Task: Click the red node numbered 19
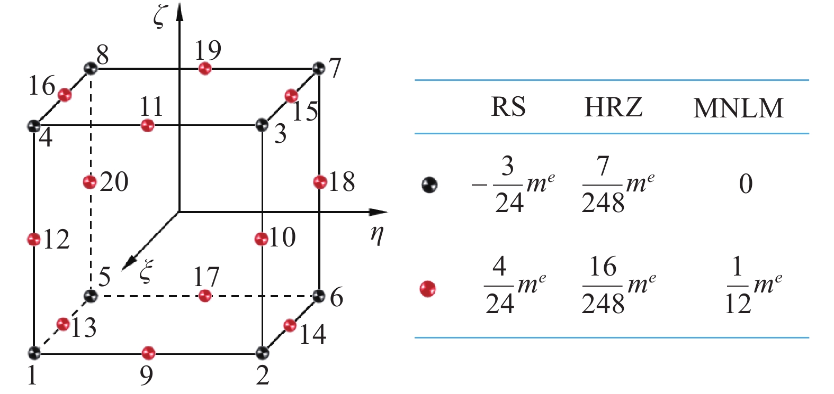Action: tap(205, 69)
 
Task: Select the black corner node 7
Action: tap(318, 68)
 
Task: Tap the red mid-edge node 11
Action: tap(148, 126)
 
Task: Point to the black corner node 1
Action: tap(34, 352)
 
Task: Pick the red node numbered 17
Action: tap(205, 296)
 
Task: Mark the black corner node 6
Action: tap(318, 296)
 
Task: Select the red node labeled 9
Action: tap(148, 352)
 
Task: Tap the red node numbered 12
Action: tap(34, 239)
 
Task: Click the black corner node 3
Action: tap(261, 125)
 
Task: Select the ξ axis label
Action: tap(146, 272)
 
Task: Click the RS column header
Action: tap(508, 107)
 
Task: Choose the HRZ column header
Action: tap(613, 107)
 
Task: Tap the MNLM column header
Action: tap(738, 108)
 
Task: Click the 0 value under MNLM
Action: tap(746, 184)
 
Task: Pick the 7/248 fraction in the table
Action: tap(603, 185)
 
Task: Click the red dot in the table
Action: tap(428, 289)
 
